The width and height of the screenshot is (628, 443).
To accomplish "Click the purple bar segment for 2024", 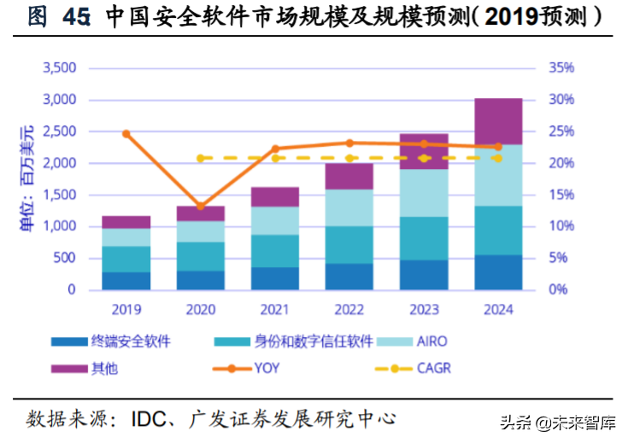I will click(x=498, y=121).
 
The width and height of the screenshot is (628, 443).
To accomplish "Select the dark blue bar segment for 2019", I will click(x=126, y=281).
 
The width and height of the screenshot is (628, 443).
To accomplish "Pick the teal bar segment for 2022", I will click(x=349, y=245).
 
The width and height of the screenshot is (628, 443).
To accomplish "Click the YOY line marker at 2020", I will click(x=200, y=207).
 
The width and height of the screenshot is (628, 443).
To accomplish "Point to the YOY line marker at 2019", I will click(x=126, y=134).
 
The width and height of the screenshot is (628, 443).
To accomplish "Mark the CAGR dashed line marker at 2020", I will click(x=200, y=158).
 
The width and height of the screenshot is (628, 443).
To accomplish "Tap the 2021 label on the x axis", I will click(x=275, y=309).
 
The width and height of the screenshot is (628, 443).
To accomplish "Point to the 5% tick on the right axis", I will click(x=558, y=258).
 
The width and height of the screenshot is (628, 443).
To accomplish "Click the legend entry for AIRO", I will click(x=432, y=342).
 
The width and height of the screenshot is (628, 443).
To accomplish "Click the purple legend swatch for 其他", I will click(x=68, y=369).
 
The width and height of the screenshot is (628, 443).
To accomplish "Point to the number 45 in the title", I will click(x=77, y=16).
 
